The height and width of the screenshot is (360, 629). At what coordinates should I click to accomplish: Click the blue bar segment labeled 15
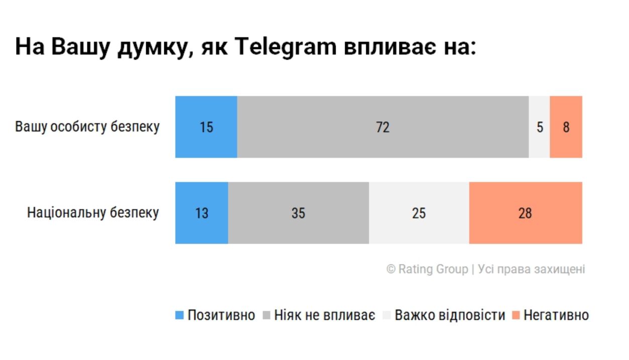tap(206, 127)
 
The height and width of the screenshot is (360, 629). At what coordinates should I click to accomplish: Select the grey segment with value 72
tap(382, 127)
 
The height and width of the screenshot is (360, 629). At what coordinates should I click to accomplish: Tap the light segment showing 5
tap(540, 127)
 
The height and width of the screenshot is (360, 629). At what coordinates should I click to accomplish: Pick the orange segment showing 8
tap(566, 127)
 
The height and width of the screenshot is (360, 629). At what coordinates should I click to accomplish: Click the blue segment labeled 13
tap(201, 213)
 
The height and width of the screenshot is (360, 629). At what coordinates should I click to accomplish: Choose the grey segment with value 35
tap(298, 213)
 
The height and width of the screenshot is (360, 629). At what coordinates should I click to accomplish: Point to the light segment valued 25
tap(418, 213)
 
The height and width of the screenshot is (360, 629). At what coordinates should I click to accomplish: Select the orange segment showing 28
tap(525, 213)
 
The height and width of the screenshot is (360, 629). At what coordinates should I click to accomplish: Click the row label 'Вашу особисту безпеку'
tap(87, 127)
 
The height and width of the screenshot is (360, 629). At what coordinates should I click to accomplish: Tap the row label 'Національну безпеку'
tap(93, 213)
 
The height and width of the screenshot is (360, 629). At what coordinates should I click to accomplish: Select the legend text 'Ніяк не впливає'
tap(325, 316)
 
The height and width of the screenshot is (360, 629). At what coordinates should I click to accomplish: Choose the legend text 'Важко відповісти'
tap(450, 316)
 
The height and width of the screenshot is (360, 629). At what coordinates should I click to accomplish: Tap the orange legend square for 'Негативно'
tap(516, 316)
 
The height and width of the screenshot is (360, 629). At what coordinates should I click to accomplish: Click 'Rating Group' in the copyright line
tap(433, 269)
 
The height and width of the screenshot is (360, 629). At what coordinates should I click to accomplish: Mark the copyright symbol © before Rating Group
tap(391, 269)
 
